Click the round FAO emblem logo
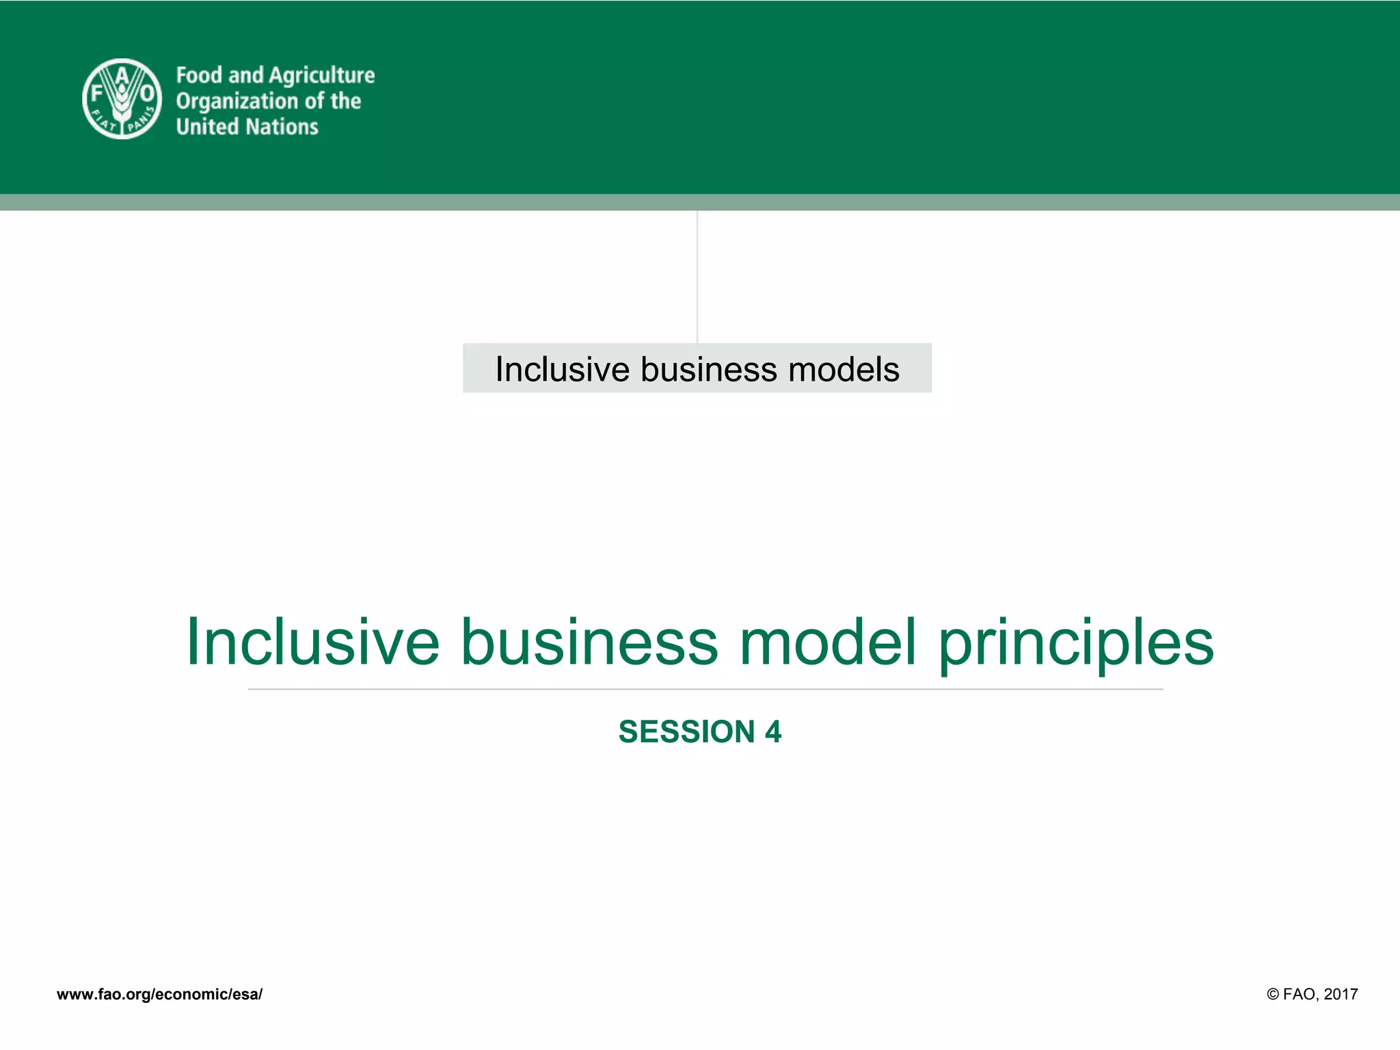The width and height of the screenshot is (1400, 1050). pos(122,99)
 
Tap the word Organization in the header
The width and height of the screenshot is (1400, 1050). pos(237,102)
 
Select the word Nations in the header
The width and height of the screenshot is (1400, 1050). pos(282,127)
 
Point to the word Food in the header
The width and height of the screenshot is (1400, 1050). pos(200,75)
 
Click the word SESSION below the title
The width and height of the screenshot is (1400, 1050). pos(686,732)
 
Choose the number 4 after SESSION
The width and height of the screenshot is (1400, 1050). pos(773,732)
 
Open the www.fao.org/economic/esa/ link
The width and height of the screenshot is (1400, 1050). pos(159,995)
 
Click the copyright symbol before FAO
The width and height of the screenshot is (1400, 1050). pos(1273,995)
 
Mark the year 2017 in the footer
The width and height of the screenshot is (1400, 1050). pos(1341,995)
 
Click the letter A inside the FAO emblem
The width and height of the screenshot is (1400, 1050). pos(122,75)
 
